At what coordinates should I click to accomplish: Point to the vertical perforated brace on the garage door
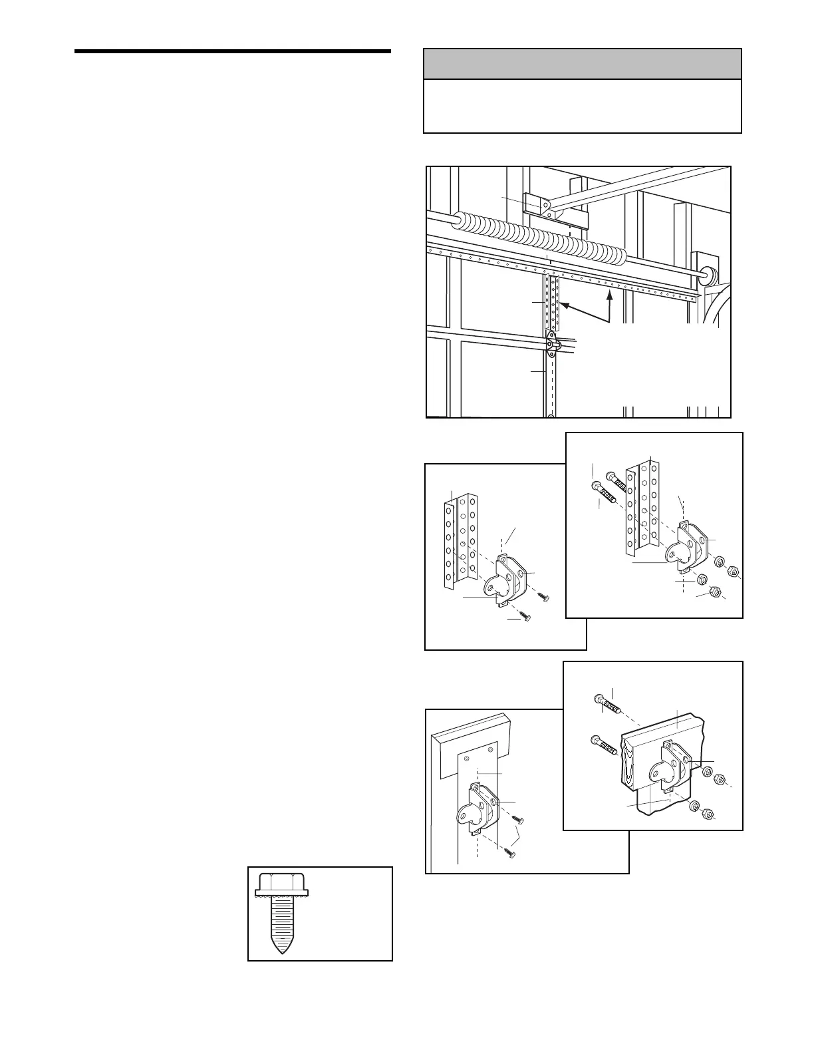point(552,303)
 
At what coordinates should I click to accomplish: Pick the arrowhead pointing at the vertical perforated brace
point(563,305)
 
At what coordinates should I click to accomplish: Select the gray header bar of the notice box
point(582,64)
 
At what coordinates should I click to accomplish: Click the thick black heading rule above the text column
point(233,51)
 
